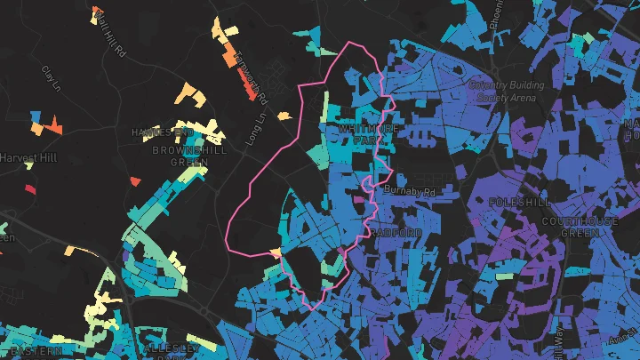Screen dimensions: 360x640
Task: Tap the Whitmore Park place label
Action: pos(365,134)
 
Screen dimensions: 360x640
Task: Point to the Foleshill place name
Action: pos(515,203)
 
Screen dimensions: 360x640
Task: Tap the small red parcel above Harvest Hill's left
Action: pos(29,188)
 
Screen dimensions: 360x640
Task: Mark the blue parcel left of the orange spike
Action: pos(36,116)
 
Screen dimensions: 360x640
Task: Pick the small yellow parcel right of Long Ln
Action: pos(284,115)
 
